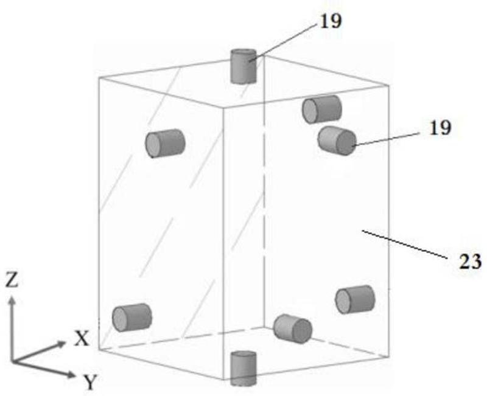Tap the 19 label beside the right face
[440, 128]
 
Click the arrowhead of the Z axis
[12, 299]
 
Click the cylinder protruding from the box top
[243, 66]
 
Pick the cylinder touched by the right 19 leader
[337, 141]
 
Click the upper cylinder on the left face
[164, 144]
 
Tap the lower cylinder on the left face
[131, 318]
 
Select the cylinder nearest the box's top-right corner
[321, 109]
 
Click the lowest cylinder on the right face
[355, 299]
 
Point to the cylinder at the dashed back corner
[292, 328]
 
